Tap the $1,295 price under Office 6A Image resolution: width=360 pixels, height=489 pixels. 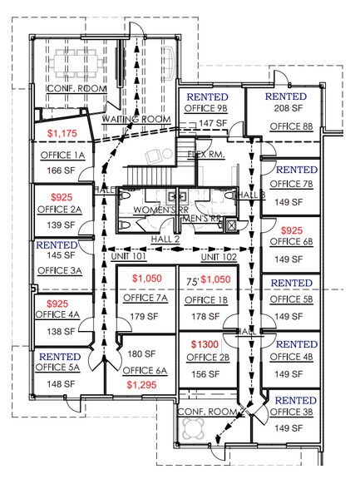click(142, 386)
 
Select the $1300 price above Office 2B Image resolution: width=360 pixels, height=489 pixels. click(205, 344)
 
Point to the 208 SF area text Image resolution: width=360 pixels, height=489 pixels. click(290, 110)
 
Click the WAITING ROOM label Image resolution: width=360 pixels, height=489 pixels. click(136, 120)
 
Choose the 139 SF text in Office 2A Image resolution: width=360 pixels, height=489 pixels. click(57, 225)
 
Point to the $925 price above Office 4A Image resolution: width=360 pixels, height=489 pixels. click(57, 304)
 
